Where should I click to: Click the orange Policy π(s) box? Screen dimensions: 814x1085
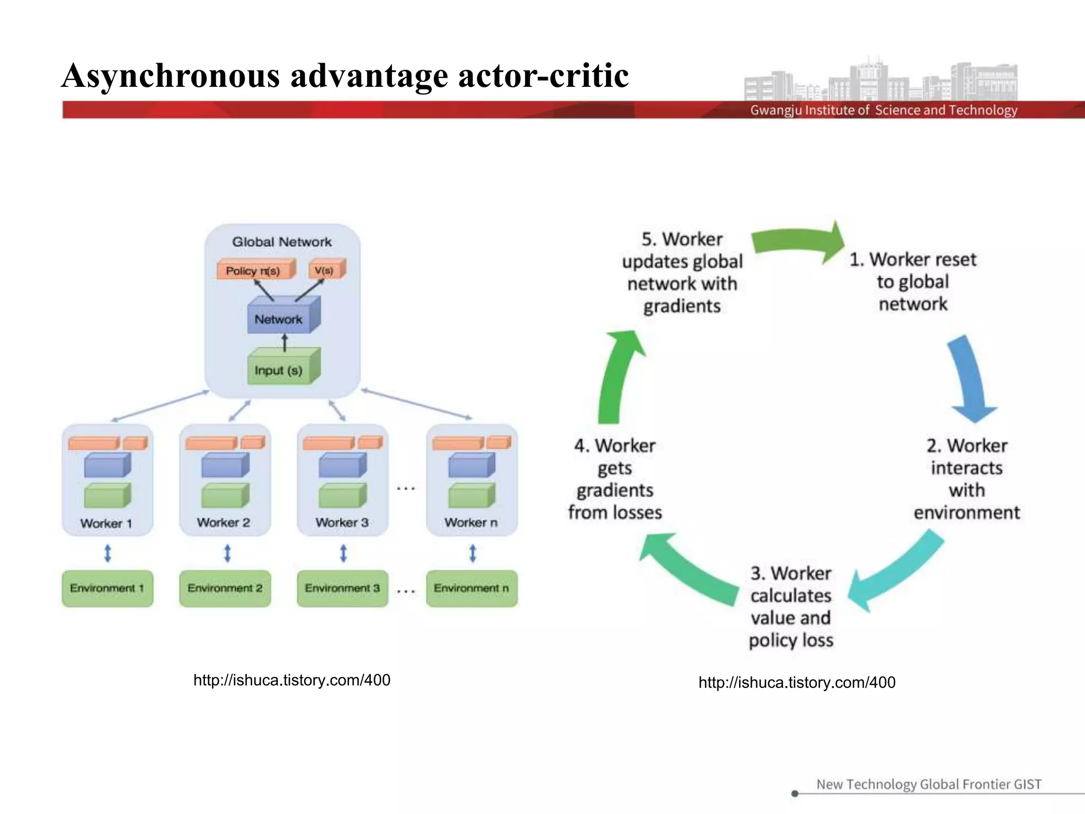tap(254, 270)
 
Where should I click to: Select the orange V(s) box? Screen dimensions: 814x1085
tap(325, 270)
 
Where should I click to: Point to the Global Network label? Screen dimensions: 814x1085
tap(282, 242)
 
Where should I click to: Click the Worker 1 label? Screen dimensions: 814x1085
tap(106, 523)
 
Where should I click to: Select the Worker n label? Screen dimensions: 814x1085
tap(471, 523)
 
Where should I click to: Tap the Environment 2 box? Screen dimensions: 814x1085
tap(225, 588)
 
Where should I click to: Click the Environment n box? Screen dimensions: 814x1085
tap(471, 588)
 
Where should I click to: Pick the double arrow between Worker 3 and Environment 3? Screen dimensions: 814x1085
tap(343, 553)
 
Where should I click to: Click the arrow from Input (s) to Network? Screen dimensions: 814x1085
tap(284, 342)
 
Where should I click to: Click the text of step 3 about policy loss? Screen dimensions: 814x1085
tap(791, 606)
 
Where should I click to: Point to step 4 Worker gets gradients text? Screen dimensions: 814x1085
tap(615, 479)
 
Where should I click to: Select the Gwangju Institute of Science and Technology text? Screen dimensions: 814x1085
tap(883, 110)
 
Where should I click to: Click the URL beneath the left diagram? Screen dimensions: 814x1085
tap(292, 680)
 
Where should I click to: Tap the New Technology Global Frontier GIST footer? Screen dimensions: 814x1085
tap(928, 784)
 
